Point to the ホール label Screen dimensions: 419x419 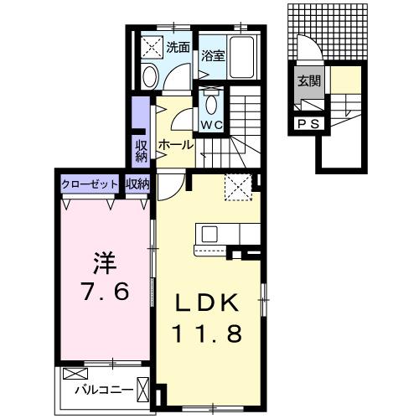175,144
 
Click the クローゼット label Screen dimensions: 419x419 90,184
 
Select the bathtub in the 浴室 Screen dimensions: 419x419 245,58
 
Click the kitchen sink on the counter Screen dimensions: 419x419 208,234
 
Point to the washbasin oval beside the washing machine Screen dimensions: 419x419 149,77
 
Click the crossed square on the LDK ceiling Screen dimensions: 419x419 238,186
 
